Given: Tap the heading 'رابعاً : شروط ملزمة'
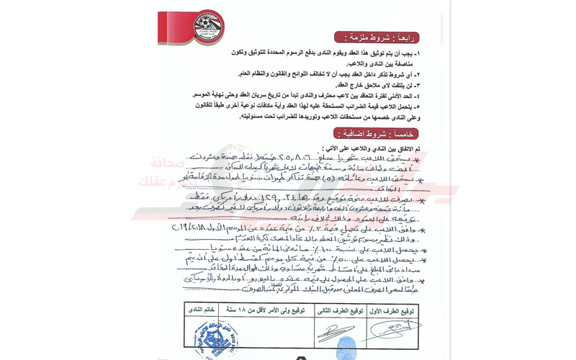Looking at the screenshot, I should coord(377,37).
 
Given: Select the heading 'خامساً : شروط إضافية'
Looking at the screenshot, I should coord(376,133).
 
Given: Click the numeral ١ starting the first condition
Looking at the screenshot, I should coord(418,53).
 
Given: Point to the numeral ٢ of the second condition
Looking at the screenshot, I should coord(418,73).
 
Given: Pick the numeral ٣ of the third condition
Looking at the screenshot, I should coord(418,84).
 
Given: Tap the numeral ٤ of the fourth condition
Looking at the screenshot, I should coord(418,95).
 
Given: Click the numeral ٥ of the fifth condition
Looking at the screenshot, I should coord(418,106).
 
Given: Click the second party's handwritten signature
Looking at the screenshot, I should coord(336,333).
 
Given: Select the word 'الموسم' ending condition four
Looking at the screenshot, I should coord(205,95).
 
